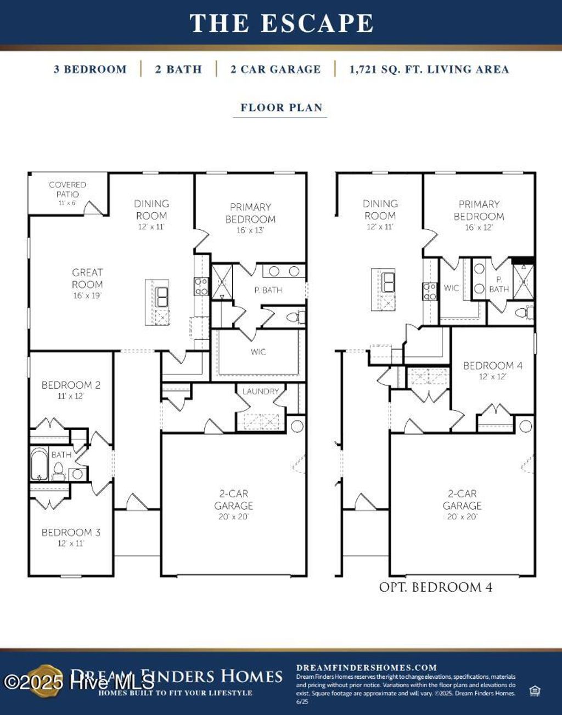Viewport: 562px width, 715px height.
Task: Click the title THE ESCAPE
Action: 281,24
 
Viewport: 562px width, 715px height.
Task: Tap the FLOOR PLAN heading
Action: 281,108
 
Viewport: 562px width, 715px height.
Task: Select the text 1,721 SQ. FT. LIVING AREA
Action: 429,70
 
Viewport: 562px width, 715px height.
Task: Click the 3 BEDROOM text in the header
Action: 90,70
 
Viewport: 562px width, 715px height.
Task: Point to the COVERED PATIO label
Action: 68,190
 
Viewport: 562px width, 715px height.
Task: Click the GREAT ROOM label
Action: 87,279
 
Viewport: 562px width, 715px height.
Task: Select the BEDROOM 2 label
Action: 71,386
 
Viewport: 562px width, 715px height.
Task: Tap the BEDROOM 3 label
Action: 71,533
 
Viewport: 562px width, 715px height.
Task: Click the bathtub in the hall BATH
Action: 39,464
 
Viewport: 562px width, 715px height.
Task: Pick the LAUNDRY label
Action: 261,391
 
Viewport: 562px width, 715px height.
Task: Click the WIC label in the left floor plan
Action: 258,352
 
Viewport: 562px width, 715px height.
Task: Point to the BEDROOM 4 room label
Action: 492,366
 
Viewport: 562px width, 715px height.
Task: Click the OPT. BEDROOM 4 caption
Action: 435,587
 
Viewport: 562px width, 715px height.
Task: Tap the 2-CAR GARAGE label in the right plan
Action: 462,500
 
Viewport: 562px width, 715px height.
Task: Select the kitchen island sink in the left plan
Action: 162,297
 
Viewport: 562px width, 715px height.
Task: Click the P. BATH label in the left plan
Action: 268,290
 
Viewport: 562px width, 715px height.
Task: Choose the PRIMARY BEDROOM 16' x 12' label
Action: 479,211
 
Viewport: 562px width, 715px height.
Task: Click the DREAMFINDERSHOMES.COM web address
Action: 367,668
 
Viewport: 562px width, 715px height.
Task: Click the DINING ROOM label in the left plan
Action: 151,210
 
